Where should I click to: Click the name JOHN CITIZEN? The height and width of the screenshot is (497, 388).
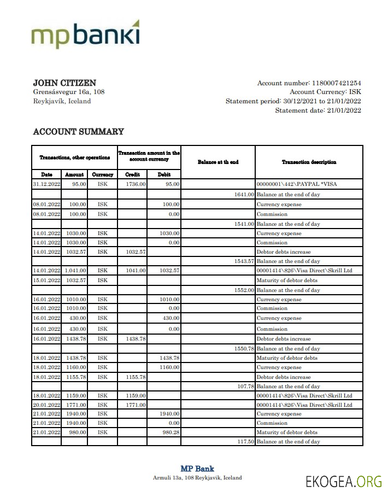[64, 83]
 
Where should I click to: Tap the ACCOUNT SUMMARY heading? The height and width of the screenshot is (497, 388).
[78, 132]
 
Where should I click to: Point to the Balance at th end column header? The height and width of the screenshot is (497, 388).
[218, 162]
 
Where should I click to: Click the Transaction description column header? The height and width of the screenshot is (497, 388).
[309, 162]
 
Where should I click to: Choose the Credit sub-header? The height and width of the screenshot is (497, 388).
[132, 174]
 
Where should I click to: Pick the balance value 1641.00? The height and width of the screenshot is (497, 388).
[244, 194]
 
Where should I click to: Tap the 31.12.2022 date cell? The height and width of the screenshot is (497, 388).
[46, 184]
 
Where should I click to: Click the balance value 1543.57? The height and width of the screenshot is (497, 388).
[244, 261]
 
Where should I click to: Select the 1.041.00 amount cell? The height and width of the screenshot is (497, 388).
[75, 271]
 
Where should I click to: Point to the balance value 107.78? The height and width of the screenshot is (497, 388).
[244, 387]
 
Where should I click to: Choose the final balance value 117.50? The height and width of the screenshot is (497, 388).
[244, 441]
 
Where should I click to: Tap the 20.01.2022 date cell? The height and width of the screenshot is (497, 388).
[46, 405]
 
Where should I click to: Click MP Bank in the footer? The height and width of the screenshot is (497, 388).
[197, 469]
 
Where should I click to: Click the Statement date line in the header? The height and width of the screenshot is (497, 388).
[318, 110]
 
